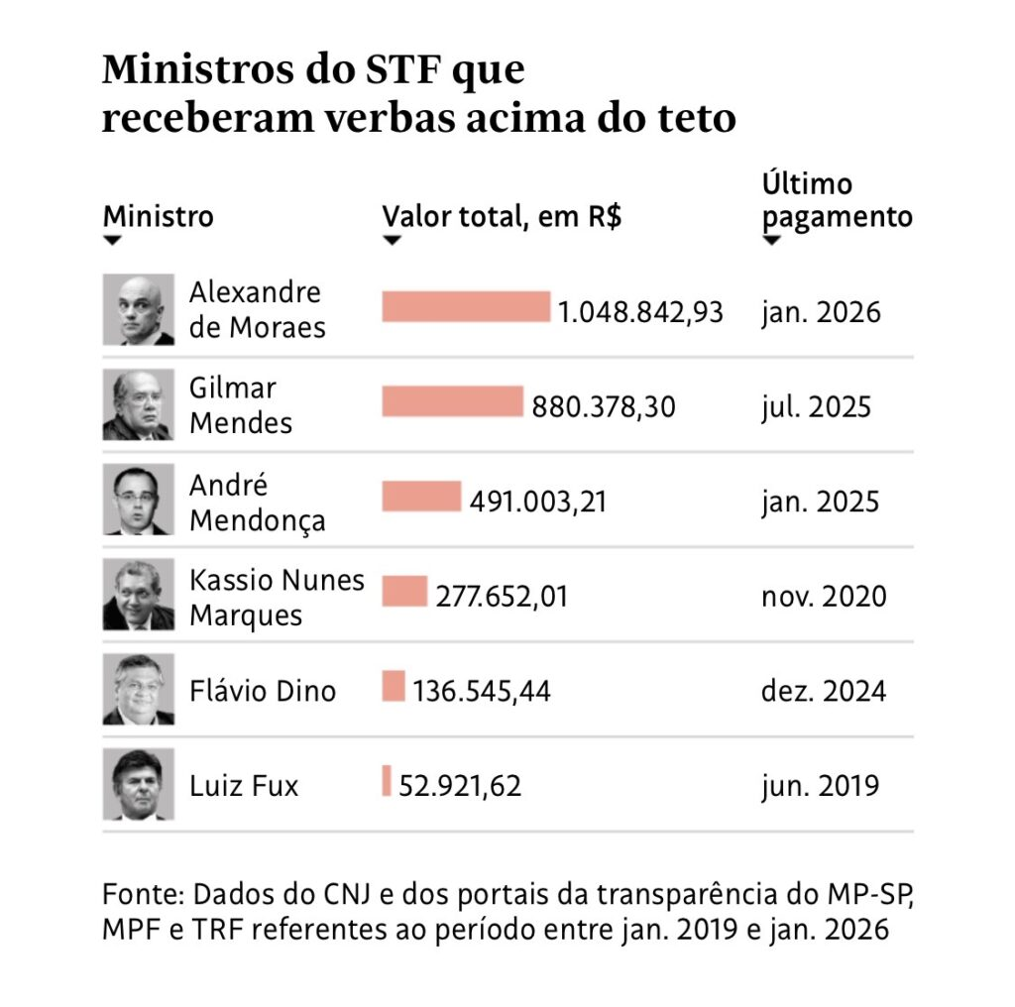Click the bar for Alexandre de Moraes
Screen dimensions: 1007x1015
[466, 306]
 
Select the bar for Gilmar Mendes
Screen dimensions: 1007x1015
[452, 401]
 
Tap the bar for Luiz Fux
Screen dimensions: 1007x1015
[387, 780]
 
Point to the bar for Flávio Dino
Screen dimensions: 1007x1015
[394, 686]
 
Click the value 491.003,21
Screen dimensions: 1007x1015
[538, 501]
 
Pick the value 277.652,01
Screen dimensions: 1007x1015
[502, 596]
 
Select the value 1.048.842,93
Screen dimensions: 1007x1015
[640, 312]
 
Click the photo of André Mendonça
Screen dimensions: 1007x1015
[138, 499]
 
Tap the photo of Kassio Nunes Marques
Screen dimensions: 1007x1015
[138, 594]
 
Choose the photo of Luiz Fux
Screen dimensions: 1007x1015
[138, 784]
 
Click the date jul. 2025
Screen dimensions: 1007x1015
[816, 407]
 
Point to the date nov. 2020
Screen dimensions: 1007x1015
[824, 596]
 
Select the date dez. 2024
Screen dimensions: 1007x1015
[824, 691]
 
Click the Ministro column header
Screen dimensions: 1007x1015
[159, 216]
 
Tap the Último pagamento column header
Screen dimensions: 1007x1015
[837, 200]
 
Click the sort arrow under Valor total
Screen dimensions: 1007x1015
[392, 240]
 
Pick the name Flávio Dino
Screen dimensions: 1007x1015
[263, 691]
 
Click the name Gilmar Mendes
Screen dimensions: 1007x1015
[241, 405]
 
